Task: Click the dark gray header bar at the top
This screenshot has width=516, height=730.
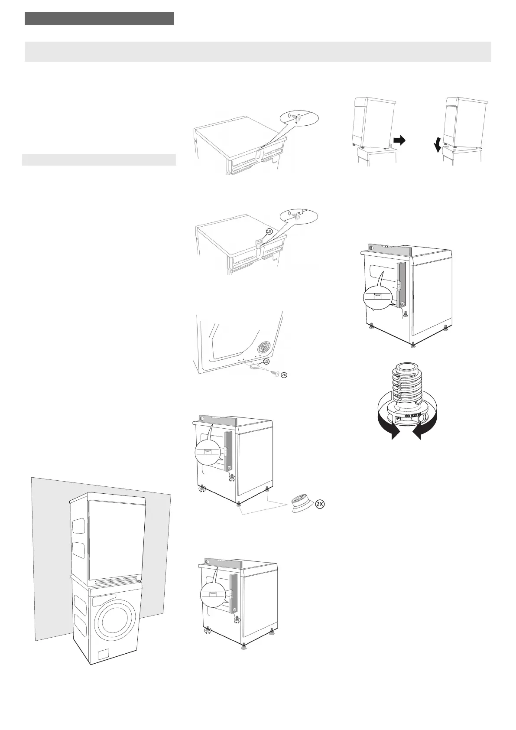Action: pyautogui.click(x=99, y=18)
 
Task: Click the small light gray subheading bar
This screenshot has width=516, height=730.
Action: pyautogui.click(x=99, y=160)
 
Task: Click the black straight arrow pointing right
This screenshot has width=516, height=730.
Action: pyautogui.click(x=399, y=140)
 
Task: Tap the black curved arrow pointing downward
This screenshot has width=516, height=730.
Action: pyautogui.click(x=438, y=146)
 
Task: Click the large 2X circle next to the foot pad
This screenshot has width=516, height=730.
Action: pyautogui.click(x=320, y=504)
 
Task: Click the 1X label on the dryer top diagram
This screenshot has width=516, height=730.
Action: pyautogui.click(x=269, y=231)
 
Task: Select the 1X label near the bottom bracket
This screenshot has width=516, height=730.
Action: pyautogui.click(x=266, y=361)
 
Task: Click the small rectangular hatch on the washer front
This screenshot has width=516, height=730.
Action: pyautogui.click(x=104, y=655)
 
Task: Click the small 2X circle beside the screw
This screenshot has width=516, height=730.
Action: pyautogui.click(x=284, y=375)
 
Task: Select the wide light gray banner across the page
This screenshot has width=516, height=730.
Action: pyautogui.click(x=258, y=52)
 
